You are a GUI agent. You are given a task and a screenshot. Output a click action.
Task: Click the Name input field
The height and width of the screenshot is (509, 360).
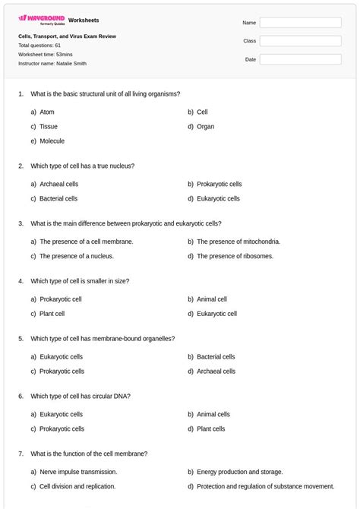point(300,23)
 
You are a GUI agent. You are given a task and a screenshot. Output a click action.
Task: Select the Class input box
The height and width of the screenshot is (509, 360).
point(300,41)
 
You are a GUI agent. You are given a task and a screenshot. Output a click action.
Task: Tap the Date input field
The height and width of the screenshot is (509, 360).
point(300,59)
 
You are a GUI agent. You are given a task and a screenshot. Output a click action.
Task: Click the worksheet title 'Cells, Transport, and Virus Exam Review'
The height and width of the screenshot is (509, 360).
point(67,36)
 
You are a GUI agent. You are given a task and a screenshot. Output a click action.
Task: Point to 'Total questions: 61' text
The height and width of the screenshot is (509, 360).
point(39,46)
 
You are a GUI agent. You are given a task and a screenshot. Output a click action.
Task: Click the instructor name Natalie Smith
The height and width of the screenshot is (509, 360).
point(69,64)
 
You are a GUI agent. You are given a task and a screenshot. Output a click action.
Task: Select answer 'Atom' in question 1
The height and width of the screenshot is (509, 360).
point(47,112)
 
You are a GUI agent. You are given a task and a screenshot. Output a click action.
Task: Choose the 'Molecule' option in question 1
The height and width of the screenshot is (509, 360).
point(52,141)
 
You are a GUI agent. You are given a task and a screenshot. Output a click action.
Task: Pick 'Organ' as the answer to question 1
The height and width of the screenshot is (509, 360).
point(205,127)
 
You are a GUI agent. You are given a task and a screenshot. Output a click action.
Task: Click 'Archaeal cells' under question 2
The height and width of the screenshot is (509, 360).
point(58,184)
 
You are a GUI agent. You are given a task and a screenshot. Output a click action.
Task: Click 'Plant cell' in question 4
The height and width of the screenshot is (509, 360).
point(52,314)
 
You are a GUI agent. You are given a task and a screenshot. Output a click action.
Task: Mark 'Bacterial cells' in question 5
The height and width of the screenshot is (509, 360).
point(216,356)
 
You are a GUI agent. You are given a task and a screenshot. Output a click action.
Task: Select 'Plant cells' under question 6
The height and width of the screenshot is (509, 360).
point(210,429)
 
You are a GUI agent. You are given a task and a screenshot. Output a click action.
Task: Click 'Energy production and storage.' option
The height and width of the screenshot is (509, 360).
point(239,472)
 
